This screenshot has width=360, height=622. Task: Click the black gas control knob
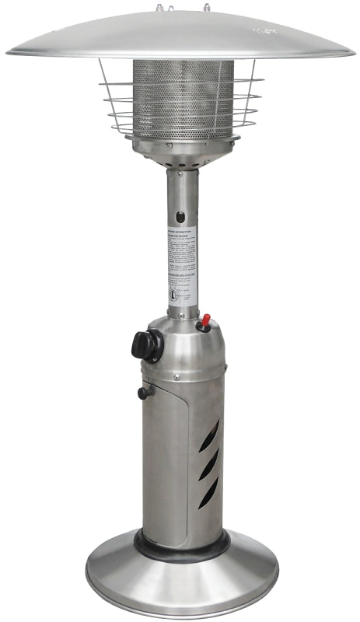click(x=147, y=344)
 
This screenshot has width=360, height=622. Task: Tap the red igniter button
click(x=205, y=321)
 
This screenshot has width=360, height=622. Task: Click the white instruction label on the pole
click(x=182, y=264)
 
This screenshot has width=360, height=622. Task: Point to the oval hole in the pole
click(x=181, y=218)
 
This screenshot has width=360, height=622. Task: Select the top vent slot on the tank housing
click(x=209, y=437)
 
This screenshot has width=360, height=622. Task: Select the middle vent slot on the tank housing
click(x=209, y=466)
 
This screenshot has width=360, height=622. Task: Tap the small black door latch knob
click(x=143, y=393)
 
